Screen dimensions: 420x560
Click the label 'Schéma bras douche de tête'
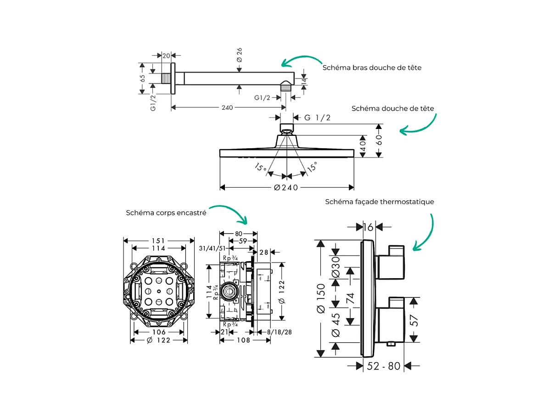(x=372, y=67)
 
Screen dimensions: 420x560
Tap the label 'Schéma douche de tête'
(x=392, y=108)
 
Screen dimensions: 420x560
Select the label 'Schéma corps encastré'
(x=166, y=213)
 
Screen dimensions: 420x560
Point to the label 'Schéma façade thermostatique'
(x=379, y=202)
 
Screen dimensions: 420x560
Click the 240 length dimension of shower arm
(x=227, y=107)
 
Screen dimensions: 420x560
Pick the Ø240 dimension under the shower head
(x=286, y=187)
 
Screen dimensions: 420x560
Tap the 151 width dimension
(x=159, y=241)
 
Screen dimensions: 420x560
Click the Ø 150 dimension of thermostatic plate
(x=321, y=299)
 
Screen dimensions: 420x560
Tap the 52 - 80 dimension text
(x=384, y=366)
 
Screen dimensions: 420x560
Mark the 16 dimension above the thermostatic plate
(x=369, y=226)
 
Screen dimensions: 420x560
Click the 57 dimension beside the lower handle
(x=414, y=320)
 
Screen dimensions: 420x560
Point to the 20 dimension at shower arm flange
(x=166, y=55)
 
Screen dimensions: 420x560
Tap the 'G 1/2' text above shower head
(x=317, y=118)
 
